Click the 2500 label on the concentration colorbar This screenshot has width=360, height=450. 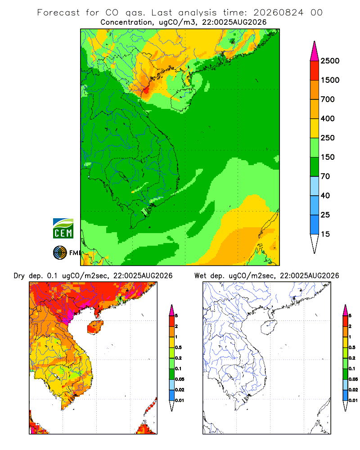[330, 61]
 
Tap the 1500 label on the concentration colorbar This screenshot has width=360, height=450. [330, 80]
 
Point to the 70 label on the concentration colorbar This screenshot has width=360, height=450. [325, 176]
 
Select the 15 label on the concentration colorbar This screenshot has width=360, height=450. [325, 234]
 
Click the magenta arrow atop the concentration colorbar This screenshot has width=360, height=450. [315, 52]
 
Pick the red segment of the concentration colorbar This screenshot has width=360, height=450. [315, 70]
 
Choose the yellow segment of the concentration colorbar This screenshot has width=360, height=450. [315, 128]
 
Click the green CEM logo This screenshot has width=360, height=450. [63, 229]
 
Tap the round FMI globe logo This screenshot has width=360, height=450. [60, 253]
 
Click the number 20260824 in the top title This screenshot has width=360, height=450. [278, 12]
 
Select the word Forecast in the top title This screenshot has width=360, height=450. [58, 12]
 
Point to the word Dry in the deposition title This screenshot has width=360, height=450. [19, 276]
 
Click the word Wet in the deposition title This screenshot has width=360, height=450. [200, 276]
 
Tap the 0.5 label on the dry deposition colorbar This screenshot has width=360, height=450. [178, 347]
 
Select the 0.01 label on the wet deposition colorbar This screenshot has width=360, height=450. [353, 400]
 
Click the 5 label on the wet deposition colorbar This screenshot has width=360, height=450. [350, 316]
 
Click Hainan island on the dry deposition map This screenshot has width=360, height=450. [95, 327]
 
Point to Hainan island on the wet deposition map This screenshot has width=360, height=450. [269, 328]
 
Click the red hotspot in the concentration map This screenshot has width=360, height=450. [146, 90]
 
